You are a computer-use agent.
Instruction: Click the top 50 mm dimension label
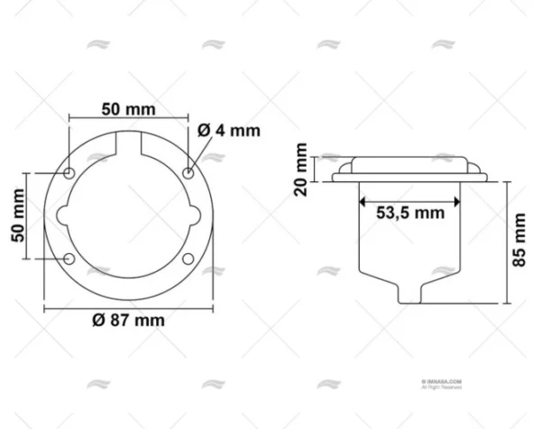128,109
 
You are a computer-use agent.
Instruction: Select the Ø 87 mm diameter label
128,322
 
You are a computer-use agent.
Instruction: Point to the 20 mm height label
301,168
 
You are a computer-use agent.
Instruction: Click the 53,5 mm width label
409,213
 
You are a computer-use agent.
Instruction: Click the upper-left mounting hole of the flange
70,172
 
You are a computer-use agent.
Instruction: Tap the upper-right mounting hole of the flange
188,172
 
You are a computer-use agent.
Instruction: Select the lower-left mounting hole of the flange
70,260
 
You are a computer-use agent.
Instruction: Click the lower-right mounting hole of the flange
188,260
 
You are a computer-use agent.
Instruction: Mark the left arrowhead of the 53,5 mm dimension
363,198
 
